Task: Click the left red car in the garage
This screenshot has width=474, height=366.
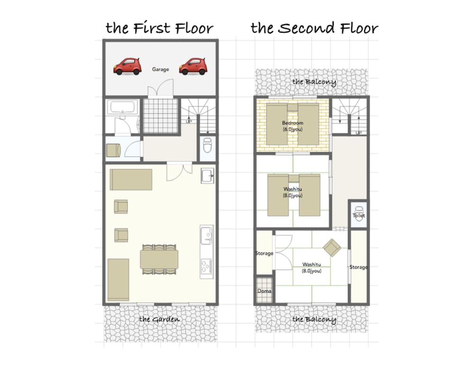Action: [127, 66]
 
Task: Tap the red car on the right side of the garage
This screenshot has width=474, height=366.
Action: [193, 66]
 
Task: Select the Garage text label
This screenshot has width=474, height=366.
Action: [160, 69]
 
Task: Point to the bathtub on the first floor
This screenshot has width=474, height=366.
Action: [122, 107]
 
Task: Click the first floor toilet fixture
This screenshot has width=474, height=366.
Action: [208, 145]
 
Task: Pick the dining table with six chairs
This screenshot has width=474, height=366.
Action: [159, 259]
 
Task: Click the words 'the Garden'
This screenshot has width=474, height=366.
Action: [159, 320]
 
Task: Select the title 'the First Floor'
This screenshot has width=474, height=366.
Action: [159, 27]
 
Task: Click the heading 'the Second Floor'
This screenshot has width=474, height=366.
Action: [314, 28]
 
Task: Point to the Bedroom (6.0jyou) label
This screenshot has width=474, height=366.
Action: [292, 126]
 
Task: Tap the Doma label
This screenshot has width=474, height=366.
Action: [264, 291]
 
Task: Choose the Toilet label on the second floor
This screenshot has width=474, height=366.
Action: [359, 215]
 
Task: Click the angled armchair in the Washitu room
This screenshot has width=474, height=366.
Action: [332, 248]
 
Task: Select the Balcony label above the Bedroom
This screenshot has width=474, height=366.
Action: [314, 82]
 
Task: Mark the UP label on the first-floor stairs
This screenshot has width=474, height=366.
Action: [189, 121]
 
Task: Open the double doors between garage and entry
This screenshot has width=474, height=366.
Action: [161, 88]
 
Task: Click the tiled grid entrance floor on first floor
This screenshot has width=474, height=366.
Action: [160, 116]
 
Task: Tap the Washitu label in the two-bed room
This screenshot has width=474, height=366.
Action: [292, 192]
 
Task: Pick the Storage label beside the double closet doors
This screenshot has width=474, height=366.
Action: [264, 253]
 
